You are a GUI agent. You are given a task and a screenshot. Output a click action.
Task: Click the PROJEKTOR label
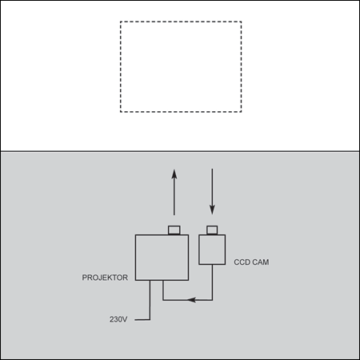105,278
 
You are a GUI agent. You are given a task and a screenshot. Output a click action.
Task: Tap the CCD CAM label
251,262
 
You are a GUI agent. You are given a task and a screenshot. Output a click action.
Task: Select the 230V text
118,319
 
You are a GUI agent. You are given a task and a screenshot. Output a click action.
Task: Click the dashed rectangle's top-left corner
121,22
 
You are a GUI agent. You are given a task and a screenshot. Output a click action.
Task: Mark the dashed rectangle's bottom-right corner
241,112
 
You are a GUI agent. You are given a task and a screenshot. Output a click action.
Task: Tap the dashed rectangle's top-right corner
241,22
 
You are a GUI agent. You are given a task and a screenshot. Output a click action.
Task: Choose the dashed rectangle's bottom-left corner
121,112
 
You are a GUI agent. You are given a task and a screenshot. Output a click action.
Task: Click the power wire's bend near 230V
150,319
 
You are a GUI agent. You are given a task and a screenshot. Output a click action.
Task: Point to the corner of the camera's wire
212,300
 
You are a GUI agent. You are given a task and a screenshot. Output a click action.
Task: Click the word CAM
260,262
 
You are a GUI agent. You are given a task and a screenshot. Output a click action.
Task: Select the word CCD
242,262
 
